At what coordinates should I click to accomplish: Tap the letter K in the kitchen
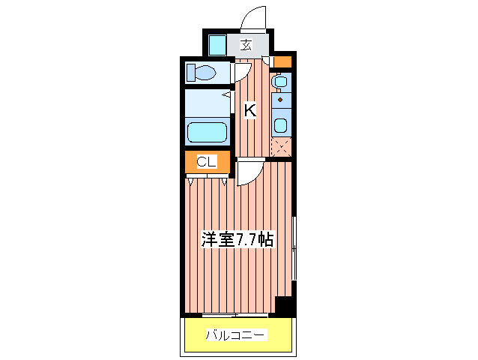249,110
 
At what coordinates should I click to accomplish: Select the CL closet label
206,161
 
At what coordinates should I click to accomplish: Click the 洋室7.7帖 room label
237,240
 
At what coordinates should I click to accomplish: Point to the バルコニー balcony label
236,334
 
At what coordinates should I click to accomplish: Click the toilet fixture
202,73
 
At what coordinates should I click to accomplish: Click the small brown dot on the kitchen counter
280,99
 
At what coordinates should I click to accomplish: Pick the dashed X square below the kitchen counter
281,148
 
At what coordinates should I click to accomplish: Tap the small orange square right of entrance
282,62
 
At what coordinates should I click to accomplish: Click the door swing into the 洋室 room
248,173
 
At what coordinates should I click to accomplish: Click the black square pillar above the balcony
283,306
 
